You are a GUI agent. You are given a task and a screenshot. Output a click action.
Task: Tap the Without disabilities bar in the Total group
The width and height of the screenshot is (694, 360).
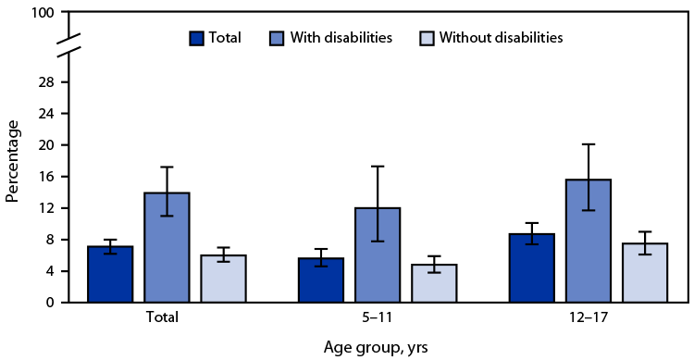pos(223,279)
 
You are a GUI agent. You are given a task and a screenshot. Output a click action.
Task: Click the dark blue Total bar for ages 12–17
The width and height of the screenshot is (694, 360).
pos(530,268)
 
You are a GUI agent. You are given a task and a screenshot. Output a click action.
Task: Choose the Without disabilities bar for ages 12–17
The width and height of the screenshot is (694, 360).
pos(644,273)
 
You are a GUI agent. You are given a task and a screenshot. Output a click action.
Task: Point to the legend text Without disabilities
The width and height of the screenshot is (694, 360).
pos(501,38)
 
